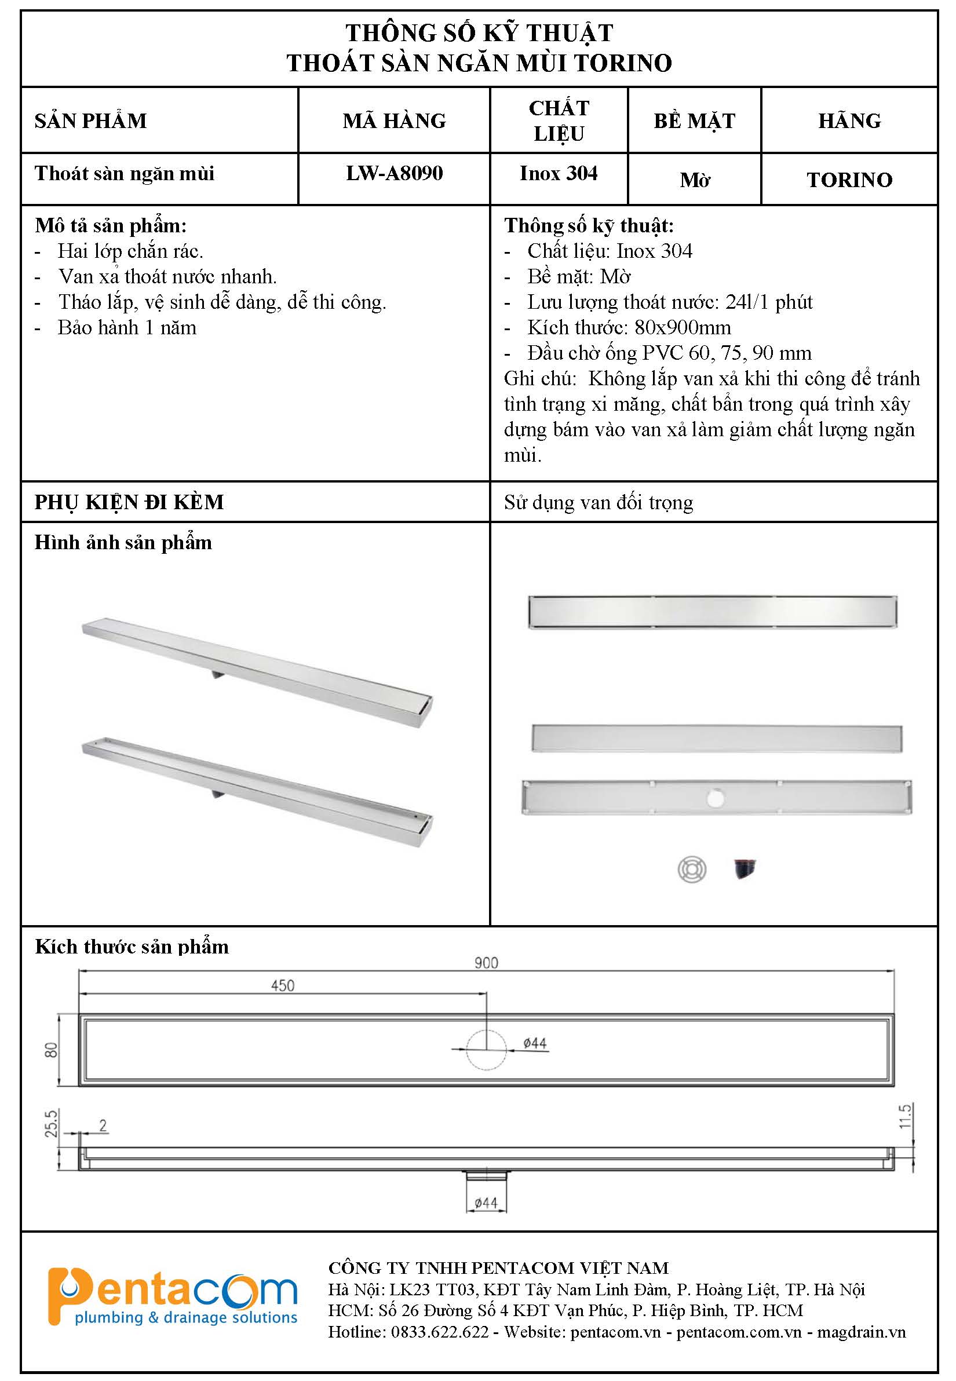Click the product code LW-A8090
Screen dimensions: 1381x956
pos(394,173)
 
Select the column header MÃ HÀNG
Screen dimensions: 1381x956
pos(394,121)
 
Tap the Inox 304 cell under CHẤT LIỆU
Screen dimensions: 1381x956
pos(559,173)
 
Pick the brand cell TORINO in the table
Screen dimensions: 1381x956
pos(849,180)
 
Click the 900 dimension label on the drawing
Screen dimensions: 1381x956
pos(486,962)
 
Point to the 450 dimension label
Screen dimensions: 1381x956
pos(282,986)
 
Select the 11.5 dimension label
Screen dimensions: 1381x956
pos(905,1116)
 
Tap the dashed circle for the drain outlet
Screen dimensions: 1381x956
pos(486,1049)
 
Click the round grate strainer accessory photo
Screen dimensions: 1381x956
pos(692,869)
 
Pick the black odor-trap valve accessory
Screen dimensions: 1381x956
pos(745,869)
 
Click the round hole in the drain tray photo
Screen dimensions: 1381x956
pos(715,798)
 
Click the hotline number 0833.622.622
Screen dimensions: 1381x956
pos(440,1332)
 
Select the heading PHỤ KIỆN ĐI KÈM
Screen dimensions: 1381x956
pos(129,502)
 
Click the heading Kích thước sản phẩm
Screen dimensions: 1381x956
pos(132,946)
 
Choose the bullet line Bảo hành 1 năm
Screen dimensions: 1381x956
pos(127,328)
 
